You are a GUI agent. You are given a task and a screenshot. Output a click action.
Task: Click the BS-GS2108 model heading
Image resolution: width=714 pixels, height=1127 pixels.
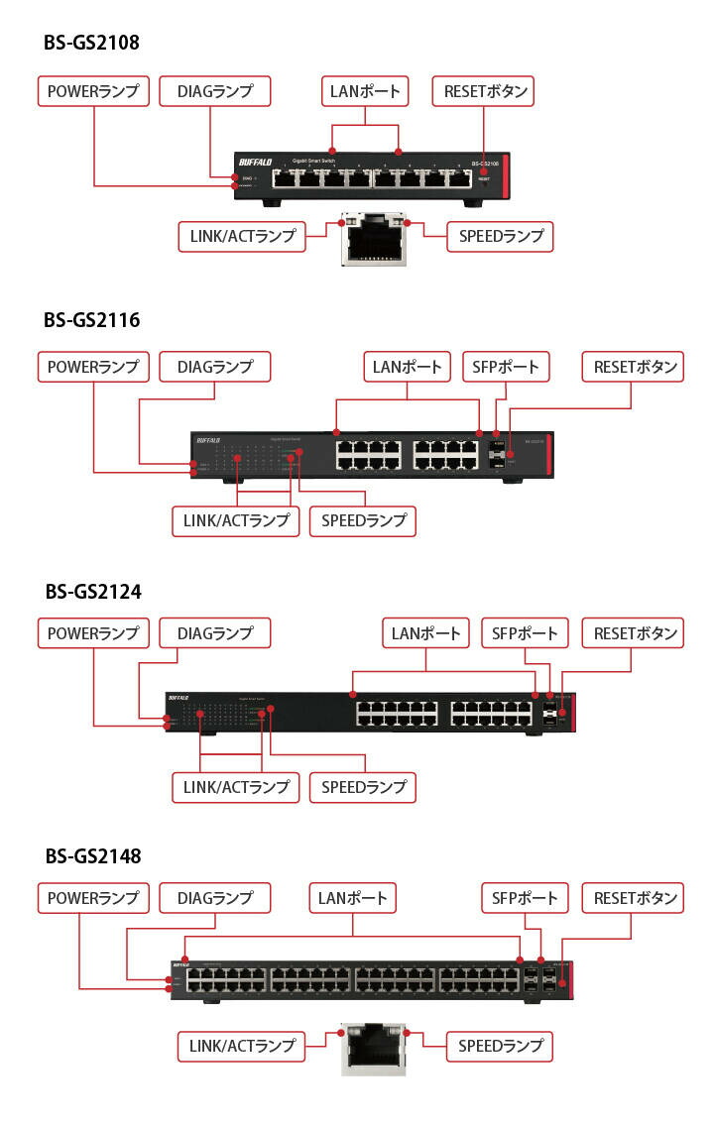coord(91,43)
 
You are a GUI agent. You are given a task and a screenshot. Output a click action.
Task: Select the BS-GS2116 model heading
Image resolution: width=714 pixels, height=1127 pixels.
coord(91,319)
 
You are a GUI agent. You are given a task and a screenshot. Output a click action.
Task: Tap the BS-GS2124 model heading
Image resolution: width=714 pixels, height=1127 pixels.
coord(92,591)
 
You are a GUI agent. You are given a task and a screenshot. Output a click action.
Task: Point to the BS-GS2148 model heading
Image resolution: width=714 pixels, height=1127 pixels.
coord(92,855)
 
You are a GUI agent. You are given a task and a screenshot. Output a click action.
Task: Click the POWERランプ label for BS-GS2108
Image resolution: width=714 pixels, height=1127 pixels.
coord(93,92)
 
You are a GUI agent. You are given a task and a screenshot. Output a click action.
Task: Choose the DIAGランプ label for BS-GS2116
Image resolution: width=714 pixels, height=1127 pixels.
coord(215,367)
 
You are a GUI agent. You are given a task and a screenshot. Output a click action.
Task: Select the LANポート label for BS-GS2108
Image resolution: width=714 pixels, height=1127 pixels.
coord(366,92)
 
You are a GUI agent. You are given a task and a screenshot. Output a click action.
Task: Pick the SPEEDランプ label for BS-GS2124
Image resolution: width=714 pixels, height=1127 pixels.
coord(363,787)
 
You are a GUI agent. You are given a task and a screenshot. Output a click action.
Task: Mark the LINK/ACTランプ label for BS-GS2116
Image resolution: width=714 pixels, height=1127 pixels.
coord(235,520)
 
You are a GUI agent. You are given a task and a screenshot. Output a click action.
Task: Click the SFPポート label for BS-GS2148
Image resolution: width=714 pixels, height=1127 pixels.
coord(525,899)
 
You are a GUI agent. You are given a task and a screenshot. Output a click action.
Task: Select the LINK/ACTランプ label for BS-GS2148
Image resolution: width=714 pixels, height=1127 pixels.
coord(242,1046)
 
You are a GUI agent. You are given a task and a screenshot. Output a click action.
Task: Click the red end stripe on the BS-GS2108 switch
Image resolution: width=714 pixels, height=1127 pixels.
coord(506,176)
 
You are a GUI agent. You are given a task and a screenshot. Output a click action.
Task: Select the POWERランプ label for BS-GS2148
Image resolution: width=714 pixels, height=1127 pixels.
coord(93,899)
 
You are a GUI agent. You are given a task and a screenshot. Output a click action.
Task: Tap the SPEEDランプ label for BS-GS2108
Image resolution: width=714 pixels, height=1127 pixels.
coord(500,236)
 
